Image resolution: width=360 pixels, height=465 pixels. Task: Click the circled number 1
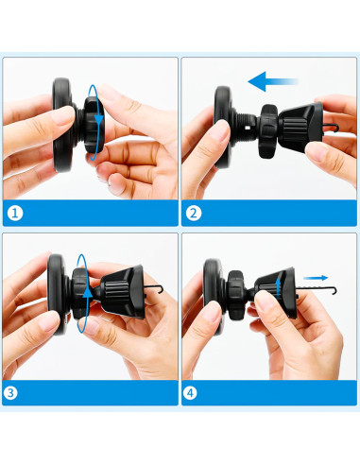14,214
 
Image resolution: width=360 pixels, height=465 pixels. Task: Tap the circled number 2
194,214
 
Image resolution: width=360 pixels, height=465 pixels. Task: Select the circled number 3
14,392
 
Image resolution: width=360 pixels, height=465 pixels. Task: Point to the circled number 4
194,392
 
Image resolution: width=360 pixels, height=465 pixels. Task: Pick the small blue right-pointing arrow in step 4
320,278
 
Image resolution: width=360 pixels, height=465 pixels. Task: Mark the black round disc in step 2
225,121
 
